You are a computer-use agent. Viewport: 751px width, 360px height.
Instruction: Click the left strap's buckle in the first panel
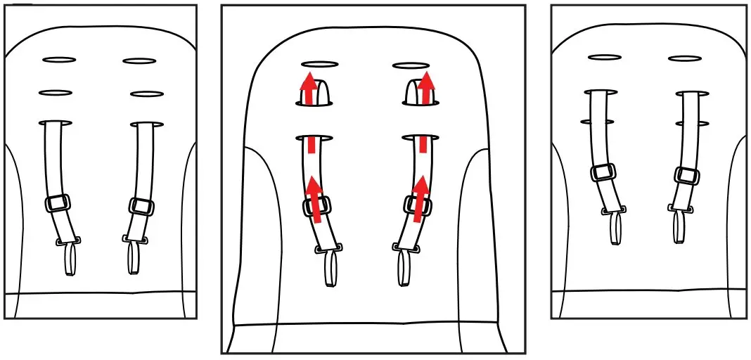(58, 203)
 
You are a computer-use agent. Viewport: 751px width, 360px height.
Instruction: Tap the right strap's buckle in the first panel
(142, 206)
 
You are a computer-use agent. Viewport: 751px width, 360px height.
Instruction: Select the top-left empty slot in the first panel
(59, 60)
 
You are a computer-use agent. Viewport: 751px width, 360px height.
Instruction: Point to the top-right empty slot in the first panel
(139, 61)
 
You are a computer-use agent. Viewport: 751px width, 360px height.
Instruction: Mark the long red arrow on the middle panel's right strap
(420, 198)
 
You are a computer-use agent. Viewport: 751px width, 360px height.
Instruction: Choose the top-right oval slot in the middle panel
(411, 65)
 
